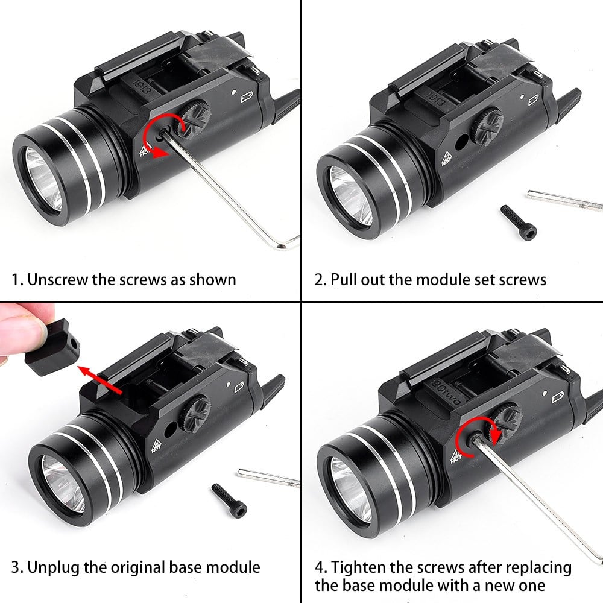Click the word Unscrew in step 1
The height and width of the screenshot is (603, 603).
pyautogui.click(x=58, y=280)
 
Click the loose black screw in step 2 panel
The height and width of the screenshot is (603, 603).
pyautogui.click(x=519, y=222)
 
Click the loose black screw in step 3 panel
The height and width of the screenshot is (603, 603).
pyautogui.click(x=229, y=500)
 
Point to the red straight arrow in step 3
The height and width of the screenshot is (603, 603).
pyautogui.click(x=100, y=380)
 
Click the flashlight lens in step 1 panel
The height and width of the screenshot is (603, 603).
pyautogui.click(x=43, y=180)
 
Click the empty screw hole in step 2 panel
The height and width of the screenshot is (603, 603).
pyautogui.click(x=461, y=142)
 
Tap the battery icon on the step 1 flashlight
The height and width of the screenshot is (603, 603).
pyautogui.click(x=247, y=96)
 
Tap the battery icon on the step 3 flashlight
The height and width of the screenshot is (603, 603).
pyautogui.click(x=239, y=387)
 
